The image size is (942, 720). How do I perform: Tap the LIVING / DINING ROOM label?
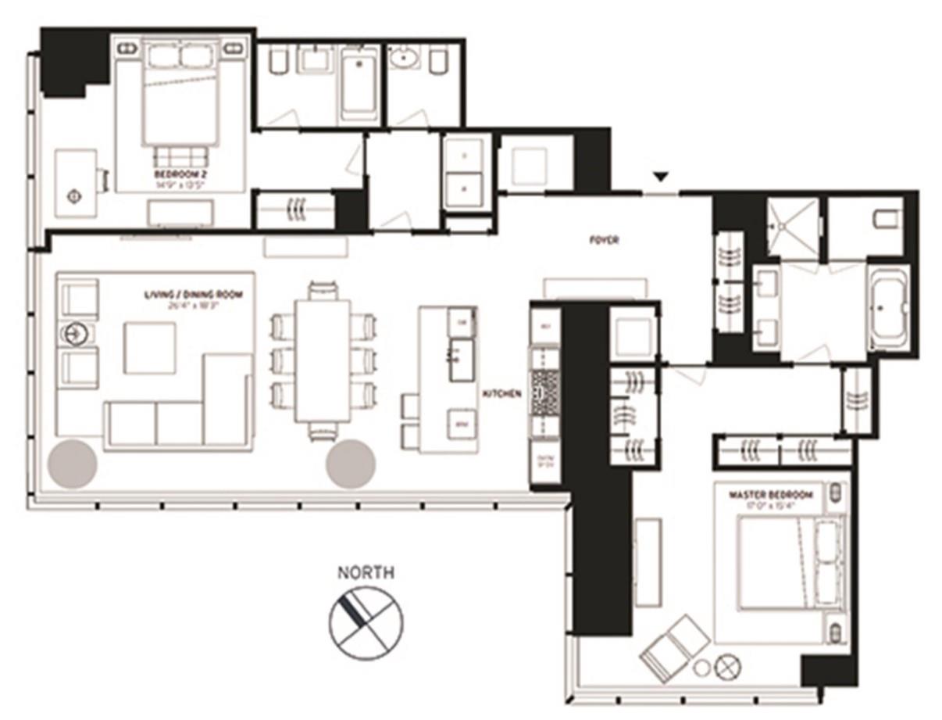193,295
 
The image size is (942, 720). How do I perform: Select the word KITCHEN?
501,395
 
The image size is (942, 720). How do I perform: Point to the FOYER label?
604,241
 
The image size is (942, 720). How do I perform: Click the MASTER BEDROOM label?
770,496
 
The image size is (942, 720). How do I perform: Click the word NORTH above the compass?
365,573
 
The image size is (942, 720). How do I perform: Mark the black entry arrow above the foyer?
661,178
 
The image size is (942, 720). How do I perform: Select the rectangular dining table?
323,360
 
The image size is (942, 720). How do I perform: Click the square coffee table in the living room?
150,348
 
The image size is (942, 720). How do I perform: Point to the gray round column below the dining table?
350,464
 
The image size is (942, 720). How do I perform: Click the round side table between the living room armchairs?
76,334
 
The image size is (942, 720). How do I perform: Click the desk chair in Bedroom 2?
102,180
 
